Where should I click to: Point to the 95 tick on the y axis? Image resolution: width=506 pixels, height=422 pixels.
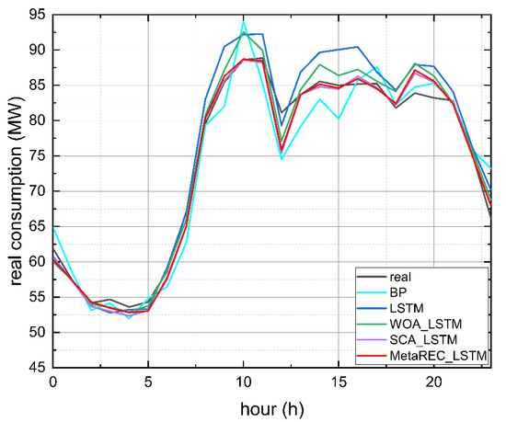[35, 15]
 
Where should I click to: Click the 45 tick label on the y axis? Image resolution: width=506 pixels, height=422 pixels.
[35, 368]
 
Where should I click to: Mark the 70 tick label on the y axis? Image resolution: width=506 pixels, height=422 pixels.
[35, 191]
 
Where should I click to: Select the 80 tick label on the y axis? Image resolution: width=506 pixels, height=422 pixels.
[35, 120]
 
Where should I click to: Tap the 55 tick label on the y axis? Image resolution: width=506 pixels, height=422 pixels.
[35, 297]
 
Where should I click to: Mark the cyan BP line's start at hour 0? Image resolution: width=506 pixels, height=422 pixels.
[53, 225]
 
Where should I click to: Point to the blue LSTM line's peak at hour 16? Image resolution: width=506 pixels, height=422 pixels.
[357, 47]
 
